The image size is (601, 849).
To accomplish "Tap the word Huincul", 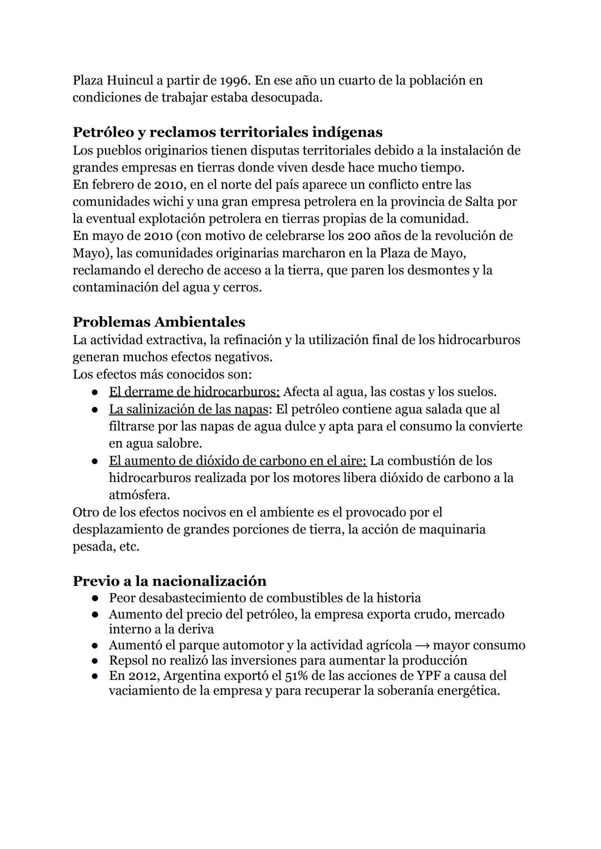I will coord(129,80).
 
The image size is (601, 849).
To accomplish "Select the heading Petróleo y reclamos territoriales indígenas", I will coord(228,132).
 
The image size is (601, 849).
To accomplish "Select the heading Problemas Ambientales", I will coord(159,322).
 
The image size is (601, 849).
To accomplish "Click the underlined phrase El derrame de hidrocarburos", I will coord(194,392).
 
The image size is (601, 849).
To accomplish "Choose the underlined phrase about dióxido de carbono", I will coord(237,461).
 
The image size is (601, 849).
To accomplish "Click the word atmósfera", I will coord(139,495).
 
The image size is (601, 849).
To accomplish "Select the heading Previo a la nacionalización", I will coord(169,581).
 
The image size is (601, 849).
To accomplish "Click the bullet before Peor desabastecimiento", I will coord(96,598).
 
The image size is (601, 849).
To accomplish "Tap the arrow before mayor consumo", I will coord(422,645).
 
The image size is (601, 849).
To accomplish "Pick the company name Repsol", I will coord(127,660).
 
